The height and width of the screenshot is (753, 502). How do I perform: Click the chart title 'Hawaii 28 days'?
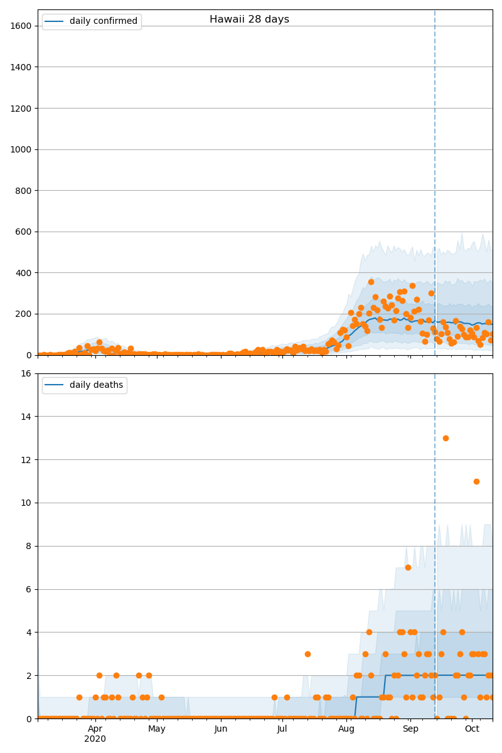point(249,19)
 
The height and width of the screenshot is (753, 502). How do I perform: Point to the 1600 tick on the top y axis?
point(23,26)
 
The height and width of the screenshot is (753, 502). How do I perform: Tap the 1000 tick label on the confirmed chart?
point(23,149)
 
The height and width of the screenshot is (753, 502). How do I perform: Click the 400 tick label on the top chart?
point(25,273)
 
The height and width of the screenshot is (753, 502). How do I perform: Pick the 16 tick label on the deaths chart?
point(28,374)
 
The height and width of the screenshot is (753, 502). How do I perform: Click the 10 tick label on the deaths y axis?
point(28,503)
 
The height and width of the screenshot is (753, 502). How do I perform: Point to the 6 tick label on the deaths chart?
point(30,590)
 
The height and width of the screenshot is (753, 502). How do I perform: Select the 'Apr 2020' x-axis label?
point(95,734)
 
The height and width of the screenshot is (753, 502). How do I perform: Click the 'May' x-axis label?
point(157,729)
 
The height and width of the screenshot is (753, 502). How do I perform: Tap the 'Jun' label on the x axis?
point(221,729)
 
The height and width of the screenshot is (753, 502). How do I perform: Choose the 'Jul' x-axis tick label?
point(282,729)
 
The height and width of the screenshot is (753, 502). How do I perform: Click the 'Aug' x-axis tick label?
point(346,729)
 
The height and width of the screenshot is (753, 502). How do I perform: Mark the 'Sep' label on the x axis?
point(410,729)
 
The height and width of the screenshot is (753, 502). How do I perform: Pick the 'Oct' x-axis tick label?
point(472,729)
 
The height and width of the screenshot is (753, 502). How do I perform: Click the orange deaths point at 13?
point(446,438)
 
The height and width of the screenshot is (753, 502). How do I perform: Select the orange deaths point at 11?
point(476,481)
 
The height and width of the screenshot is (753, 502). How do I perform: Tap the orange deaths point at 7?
point(408,567)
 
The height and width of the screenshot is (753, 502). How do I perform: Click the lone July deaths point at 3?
point(307,654)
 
